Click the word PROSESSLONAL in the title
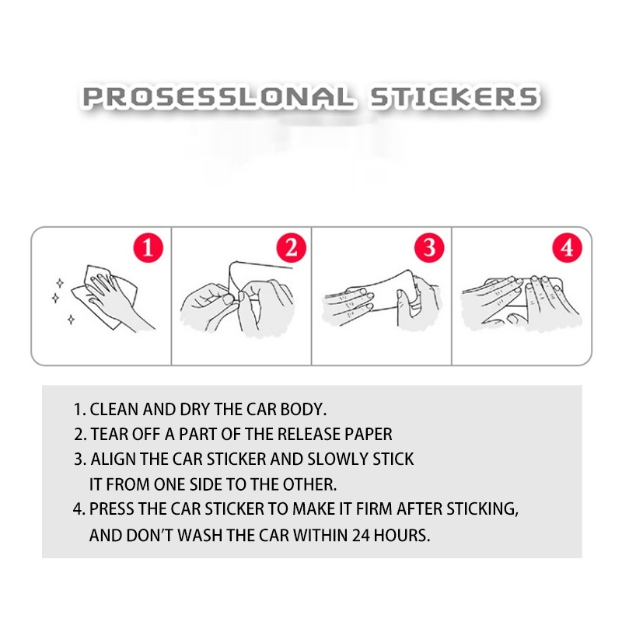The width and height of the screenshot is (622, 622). (218, 97)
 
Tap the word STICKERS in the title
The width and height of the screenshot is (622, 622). (454, 97)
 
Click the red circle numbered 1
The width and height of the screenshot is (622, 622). (148, 247)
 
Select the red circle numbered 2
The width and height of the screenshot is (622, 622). (291, 247)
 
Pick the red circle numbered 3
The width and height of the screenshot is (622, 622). (429, 247)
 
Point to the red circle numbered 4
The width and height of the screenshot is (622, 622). (568, 247)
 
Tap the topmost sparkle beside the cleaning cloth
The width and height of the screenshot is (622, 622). (60, 283)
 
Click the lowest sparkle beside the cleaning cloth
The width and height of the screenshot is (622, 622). (71, 319)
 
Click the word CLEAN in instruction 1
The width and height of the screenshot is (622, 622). (114, 410)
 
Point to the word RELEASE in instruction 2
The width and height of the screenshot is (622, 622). (309, 435)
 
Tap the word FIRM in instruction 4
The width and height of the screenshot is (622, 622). (374, 509)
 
